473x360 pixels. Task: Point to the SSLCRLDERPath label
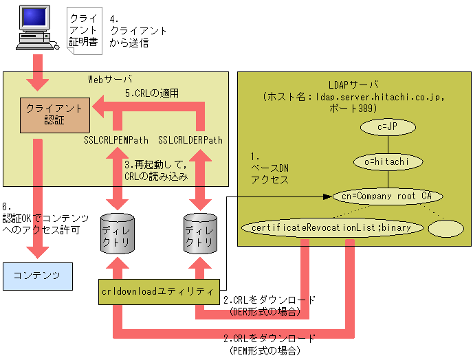[x=190, y=140]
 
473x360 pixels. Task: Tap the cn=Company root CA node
[x=387, y=196]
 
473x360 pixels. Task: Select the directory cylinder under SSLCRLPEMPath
[x=115, y=235]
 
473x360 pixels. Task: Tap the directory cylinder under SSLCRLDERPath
[x=200, y=235]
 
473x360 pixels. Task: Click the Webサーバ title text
[x=110, y=79]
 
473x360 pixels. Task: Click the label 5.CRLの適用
[x=152, y=93]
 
